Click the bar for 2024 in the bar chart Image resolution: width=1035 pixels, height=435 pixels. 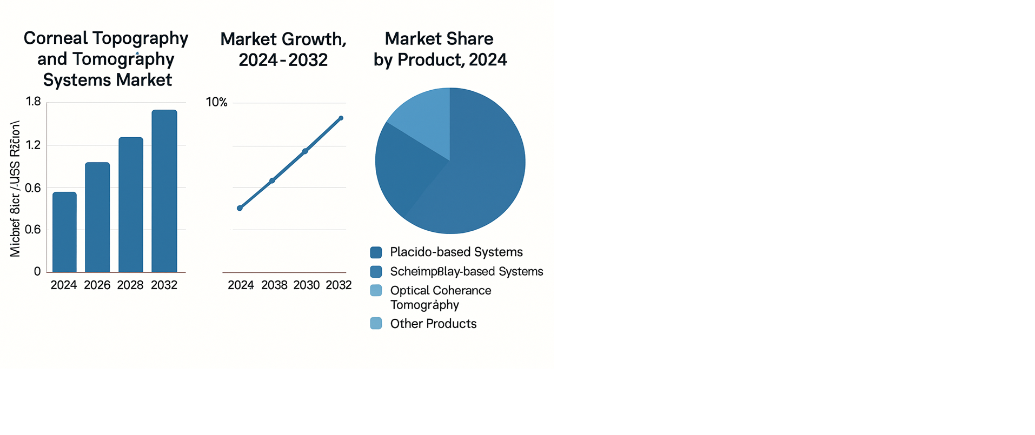coord(64,232)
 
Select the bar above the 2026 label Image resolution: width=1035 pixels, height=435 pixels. coord(97,217)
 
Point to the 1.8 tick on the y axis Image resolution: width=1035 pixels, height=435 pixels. coord(34,102)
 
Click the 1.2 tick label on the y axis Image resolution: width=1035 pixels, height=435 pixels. coord(34,145)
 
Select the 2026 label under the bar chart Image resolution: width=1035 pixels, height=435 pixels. coord(97,285)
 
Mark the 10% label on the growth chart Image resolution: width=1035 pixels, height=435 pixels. coord(217,102)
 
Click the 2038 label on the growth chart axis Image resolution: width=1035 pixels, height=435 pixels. coord(274,285)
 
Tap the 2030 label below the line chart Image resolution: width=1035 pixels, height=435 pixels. coord(307,285)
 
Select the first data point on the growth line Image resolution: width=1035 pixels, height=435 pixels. coord(240,208)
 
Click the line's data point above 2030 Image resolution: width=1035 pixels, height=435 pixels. coord(305,151)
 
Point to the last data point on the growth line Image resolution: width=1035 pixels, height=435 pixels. coord(341,118)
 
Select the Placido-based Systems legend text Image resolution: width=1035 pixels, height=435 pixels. coord(456,252)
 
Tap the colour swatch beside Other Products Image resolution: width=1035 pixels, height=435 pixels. coord(376,324)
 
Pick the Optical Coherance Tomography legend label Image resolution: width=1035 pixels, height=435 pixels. coord(440,297)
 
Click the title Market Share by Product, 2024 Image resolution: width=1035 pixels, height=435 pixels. coord(440,49)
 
